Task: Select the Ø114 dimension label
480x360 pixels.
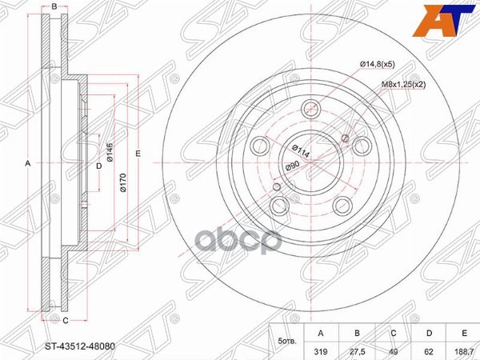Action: tap(298, 149)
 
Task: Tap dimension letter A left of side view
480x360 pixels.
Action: tap(28, 163)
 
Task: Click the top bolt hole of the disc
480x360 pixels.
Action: tap(311, 110)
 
